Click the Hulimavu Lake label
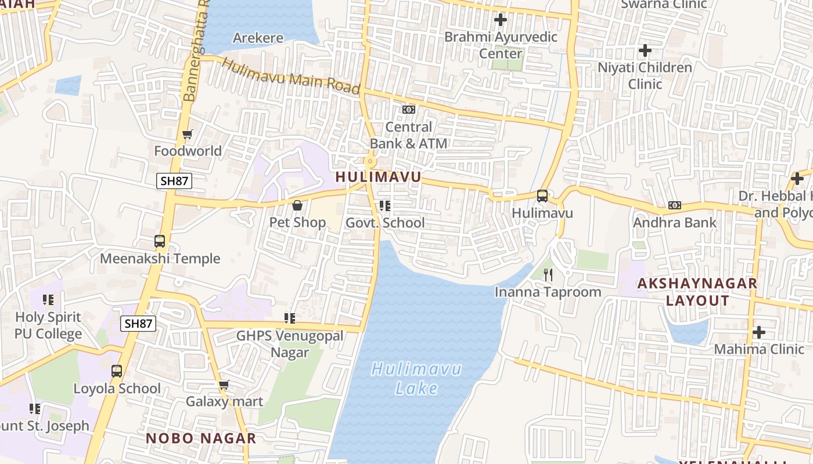(x=416, y=378)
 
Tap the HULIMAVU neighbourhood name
(x=378, y=177)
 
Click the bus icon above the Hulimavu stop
(x=542, y=196)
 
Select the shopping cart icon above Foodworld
(x=187, y=135)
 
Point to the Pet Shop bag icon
(x=297, y=205)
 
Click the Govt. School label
(x=385, y=223)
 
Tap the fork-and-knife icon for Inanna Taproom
(x=548, y=274)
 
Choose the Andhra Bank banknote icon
(x=674, y=205)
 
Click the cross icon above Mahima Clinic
(x=758, y=332)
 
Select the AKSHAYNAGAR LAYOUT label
(x=697, y=292)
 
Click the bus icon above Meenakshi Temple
(x=160, y=241)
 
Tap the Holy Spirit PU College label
(x=48, y=325)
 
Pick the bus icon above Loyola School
(x=117, y=371)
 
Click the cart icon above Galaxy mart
(x=224, y=385)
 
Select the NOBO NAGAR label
(x=200, y=438)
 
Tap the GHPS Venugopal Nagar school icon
(x=289, y=318)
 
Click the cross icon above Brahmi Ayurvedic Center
(x=500, y=20)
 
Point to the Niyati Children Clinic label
(x=645, y=75)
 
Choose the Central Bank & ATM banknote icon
(x=409, y=110)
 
